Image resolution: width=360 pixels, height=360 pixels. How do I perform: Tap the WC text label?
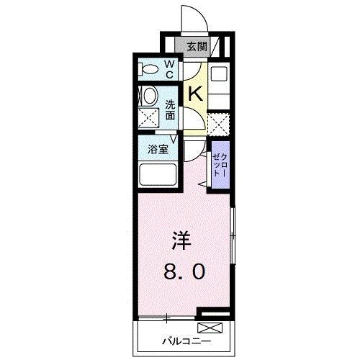pos(169,69)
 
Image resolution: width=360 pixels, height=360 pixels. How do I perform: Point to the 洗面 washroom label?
pos(170,109)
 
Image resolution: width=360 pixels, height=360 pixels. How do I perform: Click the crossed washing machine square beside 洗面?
pos(148,117)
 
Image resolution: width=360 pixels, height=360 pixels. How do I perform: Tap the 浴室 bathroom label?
pos(158,150)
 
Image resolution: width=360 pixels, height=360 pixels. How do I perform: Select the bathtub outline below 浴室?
pos(157,176)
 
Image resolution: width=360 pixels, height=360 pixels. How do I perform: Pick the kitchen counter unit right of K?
pos(219,83)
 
